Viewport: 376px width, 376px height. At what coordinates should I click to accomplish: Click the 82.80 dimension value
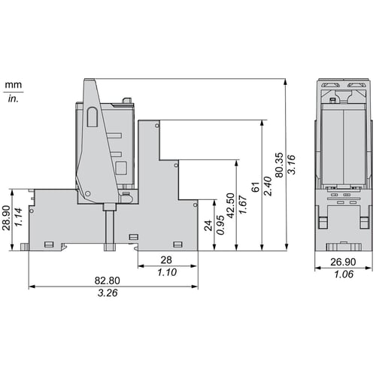click(108, 280)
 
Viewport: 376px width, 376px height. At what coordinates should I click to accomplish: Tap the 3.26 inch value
click(108, 293)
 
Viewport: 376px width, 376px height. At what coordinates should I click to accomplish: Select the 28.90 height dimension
click(6, 218)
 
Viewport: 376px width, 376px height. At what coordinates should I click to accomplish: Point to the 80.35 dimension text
click(279, 165)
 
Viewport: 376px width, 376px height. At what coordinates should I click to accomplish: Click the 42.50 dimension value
click(230, 205)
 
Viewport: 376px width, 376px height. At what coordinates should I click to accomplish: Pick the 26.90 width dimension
click(343, 262)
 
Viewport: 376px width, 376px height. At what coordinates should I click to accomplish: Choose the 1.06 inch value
click(344, 274)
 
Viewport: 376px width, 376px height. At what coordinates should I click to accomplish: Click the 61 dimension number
click(256, 187)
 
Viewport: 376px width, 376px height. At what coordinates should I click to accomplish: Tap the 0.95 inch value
click(220, 225)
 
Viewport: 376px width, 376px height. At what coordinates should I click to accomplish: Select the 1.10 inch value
click(167, 272)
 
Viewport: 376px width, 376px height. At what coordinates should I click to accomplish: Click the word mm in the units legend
click(14, 85)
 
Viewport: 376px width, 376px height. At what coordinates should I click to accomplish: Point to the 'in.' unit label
click(14, 99)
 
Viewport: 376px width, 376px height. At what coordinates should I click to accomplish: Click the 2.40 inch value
click(268, 186)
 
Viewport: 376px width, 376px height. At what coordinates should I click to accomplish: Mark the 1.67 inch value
click(243, 205)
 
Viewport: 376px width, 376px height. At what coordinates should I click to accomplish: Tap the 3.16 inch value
click(291, 165)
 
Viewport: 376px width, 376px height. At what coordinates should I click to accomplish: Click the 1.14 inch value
click(18, 217)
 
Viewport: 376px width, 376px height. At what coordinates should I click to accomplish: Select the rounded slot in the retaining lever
click(92, 117)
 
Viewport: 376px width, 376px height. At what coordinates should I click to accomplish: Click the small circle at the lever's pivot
click(87, 193)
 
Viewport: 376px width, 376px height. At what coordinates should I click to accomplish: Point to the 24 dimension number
click(208, 226)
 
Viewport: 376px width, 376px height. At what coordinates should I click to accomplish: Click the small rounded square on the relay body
click(121, 168)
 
